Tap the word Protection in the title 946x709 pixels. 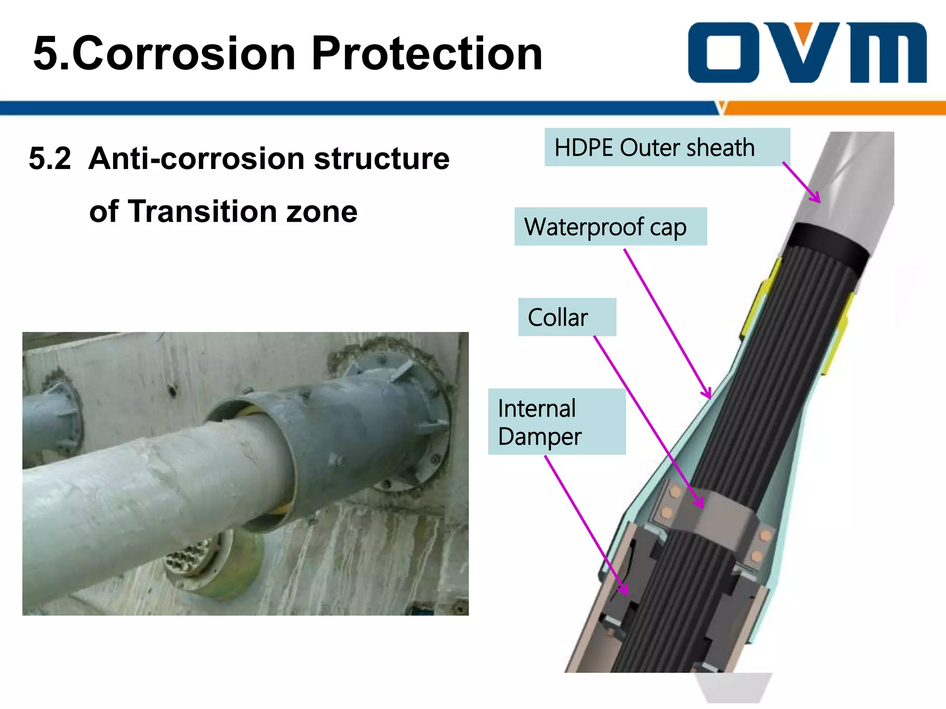tap(427, 54)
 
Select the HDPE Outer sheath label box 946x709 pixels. tap(667, 147)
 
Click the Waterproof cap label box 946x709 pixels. tap(610, 227)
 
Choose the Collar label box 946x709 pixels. tap(567, 317)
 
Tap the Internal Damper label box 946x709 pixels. tap(557, 421)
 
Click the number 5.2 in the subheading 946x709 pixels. tap(50, 158)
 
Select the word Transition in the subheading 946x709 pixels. tap(202, 211)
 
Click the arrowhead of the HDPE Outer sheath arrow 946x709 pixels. tap(817, 199)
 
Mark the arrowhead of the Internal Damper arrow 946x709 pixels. tap(625, 592)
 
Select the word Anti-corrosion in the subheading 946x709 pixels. tap(196, 158)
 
